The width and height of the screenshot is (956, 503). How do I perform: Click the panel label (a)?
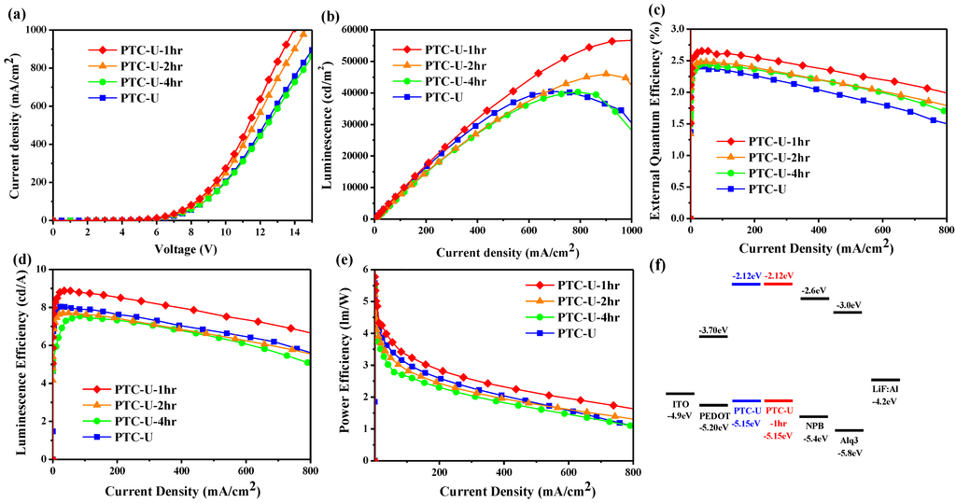point(16,13)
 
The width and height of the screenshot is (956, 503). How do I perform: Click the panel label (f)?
point(659,264)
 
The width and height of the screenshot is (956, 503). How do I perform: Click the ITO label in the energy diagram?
point(680,403)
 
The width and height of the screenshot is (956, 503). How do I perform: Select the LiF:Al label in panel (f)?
point(884,389)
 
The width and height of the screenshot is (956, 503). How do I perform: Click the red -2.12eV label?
point(779,275)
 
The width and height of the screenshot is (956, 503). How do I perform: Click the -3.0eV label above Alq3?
point(849,305)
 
